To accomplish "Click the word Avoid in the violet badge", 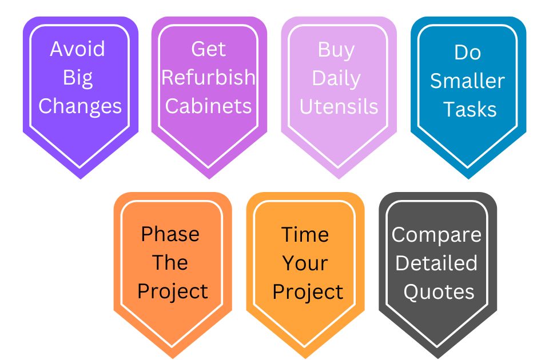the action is click(x=77, y=49).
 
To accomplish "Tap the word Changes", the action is click(x=80, y=106).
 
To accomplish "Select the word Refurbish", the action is click(x=208, y=77).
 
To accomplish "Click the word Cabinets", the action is click(x=208, y=106).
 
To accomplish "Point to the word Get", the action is click(x=208, y=49).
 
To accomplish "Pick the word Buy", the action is click(x=336, y=50).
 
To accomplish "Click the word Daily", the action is click(x=336, y=79).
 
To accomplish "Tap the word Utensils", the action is click(x=339, y=107).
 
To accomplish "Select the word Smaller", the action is click(x=467, y=81).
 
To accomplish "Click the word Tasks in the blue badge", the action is click(x=470, y=110).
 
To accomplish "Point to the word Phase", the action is click(x=170, y=234).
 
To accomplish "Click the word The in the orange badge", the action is click(x=170, y=263).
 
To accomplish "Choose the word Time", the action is click(x=305, y=235).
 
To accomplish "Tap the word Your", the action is click(x=305, y=263).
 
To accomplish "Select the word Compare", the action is click(x=436, y=235).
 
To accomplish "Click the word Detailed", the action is click(x=436, y=263).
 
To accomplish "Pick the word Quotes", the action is click(x=439, y=292).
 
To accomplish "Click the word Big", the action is click(x=78, y=78).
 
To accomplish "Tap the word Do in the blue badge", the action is click(x=467, y=53).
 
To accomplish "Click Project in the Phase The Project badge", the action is click(x=173, y=292).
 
